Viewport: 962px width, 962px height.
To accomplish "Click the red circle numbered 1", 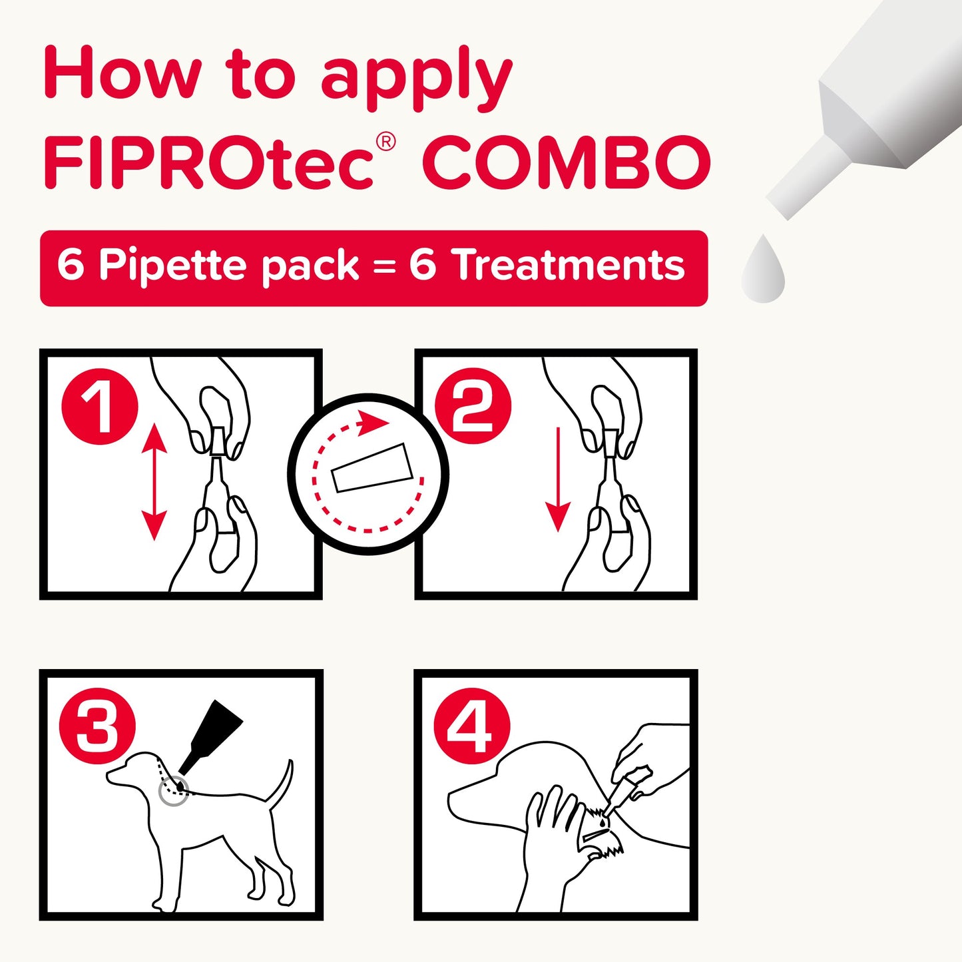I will coord(100,406).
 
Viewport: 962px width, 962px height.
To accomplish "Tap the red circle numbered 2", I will coord(473,406).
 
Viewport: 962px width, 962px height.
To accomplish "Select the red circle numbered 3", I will coord(97,726).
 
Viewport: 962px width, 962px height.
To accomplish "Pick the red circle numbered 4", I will coord(472,726).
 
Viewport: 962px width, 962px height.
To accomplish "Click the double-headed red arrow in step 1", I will coord(154,483).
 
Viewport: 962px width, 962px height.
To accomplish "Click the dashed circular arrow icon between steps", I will coord(368,474).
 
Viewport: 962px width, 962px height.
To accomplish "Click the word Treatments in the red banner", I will coord(568,265).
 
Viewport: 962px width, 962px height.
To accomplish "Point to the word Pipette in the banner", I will coord(172,266).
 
